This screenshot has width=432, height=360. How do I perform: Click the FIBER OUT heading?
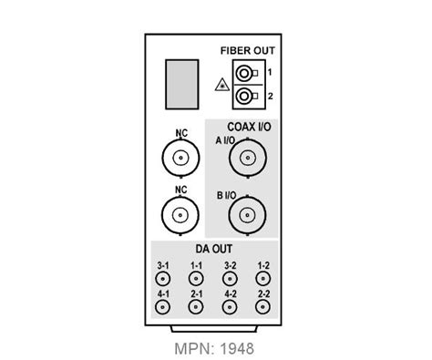click(246, 51)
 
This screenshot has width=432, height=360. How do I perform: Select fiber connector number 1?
click(243, 73)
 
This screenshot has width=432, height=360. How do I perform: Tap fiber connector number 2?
click(243, 95)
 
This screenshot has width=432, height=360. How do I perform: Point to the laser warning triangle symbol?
click(219, 85)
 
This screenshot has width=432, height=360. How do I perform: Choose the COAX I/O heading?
click(249, 128)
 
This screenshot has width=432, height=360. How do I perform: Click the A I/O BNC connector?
click(245, 160)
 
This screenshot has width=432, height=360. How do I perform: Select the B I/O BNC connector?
click(245, 216)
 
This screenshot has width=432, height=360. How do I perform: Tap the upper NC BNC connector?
click(180, 161)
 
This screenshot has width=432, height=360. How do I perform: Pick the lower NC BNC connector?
click(180, 216)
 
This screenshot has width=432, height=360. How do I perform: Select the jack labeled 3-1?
click(164, 278)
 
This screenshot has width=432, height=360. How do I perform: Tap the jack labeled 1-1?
click(197, 278)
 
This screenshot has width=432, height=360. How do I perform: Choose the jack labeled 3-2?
click(230, 278)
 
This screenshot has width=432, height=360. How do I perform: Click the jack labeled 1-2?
click(262, 278)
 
